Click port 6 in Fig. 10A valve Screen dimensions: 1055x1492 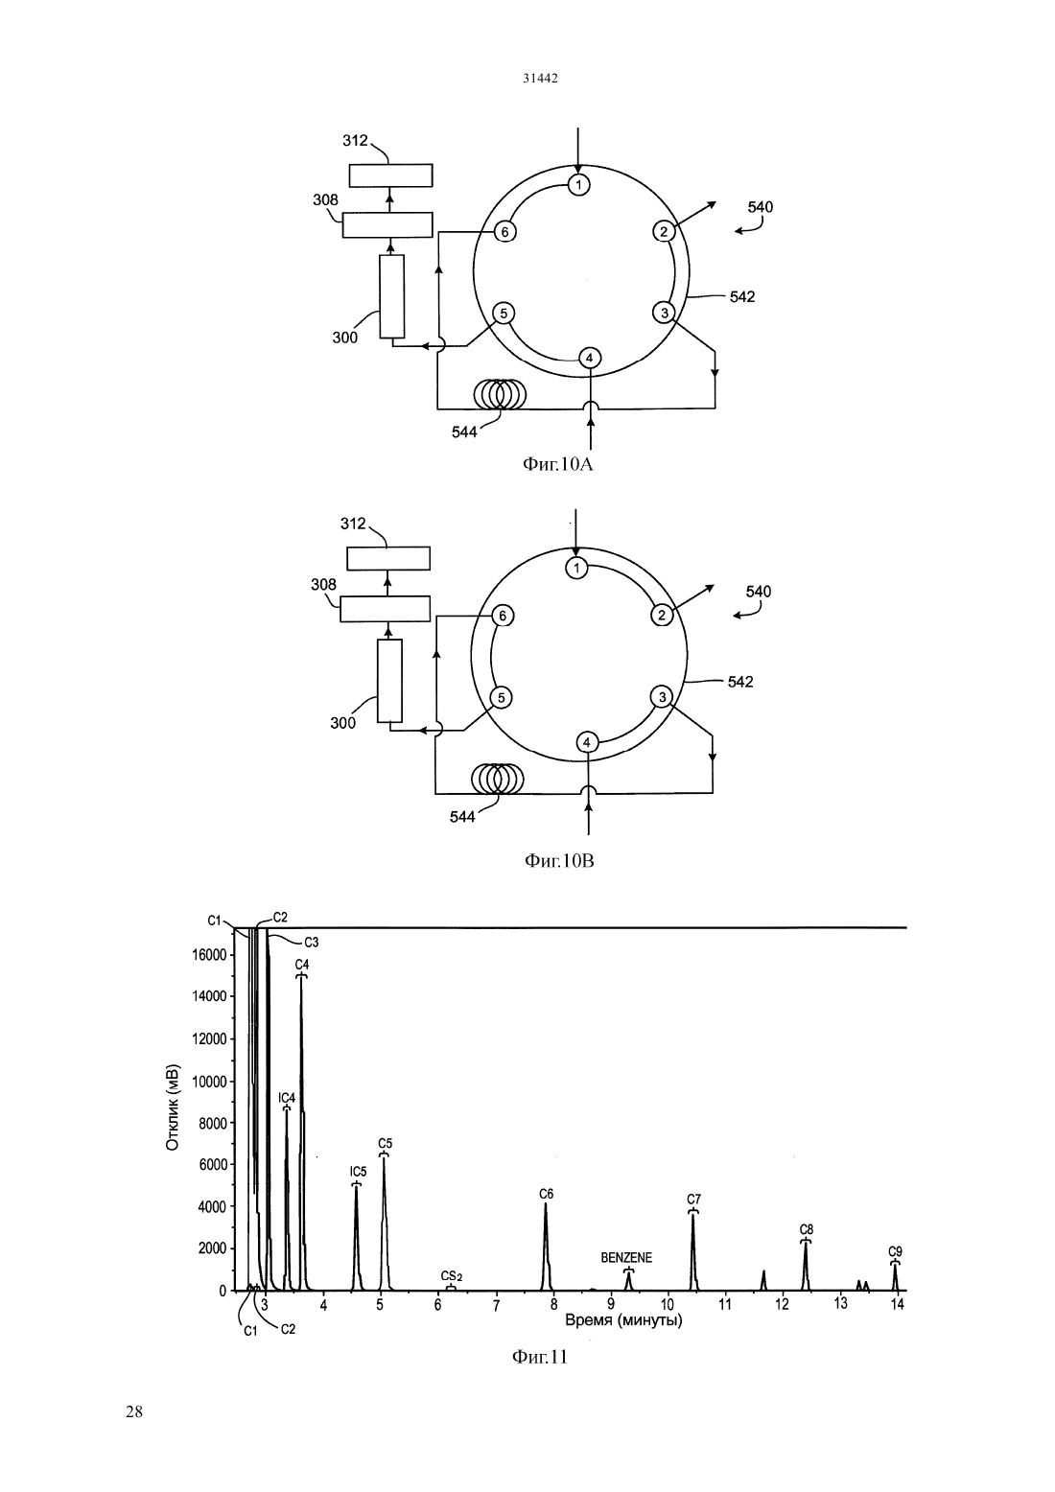[504, 232]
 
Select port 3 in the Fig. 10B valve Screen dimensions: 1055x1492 [662, 697]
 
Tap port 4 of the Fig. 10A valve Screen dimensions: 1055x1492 [590, 358]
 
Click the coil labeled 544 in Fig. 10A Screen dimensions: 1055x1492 [500, 394]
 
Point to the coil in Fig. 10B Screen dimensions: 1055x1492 [497, 778]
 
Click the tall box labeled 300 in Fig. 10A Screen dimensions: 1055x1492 [391, 296]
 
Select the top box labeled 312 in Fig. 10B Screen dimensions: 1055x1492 [388, 558]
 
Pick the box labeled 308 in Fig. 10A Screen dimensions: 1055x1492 [387, 224]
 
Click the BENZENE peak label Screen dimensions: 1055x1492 [626, 1257]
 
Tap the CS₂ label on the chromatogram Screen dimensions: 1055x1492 [452, 1276]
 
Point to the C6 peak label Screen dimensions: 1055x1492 [546, 1194]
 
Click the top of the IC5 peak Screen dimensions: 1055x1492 [357, 1185]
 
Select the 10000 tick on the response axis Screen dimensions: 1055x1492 [209, 1082]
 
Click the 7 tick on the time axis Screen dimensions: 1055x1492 [496, 1306]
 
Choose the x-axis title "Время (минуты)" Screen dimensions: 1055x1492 [623, 1320]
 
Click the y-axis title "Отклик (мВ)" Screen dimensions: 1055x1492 [173, 1107]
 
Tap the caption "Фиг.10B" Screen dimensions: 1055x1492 [559, 861]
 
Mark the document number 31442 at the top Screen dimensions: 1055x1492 [540, 78]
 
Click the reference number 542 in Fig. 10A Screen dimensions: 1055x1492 [742, 297]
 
